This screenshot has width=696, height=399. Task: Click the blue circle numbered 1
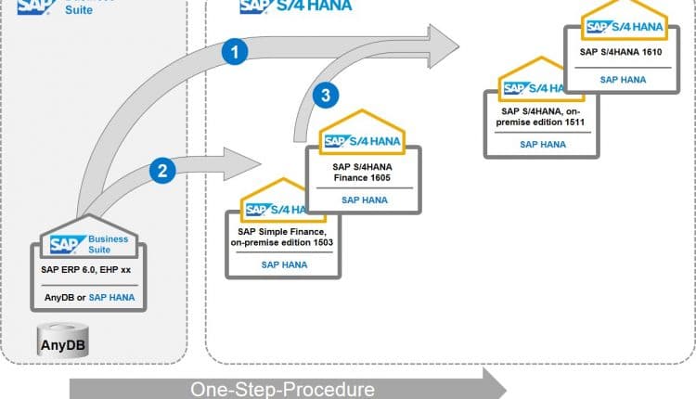[x=235, y=53]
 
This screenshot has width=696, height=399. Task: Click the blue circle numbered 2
[x=162, y=170]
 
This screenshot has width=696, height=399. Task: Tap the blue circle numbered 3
[x=321, y=95]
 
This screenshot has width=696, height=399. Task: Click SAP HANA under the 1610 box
[x=621, y=80]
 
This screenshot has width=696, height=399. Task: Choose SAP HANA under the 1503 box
[x=282, y=264]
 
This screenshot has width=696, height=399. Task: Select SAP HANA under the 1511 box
[x=539, y=144]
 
